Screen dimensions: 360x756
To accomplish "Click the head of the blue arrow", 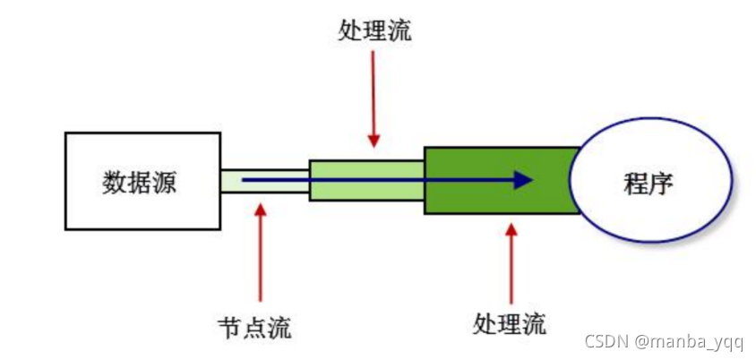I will [523, 180].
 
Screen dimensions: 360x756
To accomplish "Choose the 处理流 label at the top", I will [375, 32].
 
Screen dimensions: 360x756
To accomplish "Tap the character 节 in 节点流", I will [229, 327].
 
